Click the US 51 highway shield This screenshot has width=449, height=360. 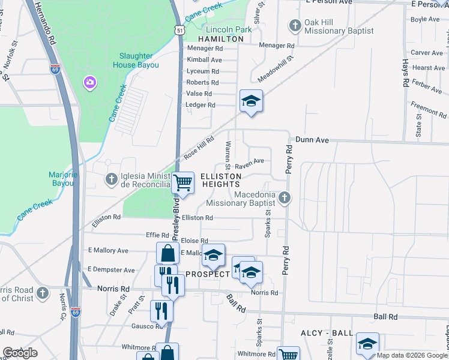[x=179, y=29]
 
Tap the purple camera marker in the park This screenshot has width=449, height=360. [x=90, y=82]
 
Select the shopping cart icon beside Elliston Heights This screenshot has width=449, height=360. [x=182, y=182]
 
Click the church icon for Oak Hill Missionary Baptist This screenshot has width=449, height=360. [x=295, y=25]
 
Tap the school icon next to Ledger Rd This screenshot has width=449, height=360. [x=251, y=100]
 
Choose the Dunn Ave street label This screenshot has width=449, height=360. [x=313, y=140]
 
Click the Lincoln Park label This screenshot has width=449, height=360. [x=229, y=29]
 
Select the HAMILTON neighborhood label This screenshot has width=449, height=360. [x=220, y=38]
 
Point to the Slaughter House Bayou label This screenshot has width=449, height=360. [x=134, y=61]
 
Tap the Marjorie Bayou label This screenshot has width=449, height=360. [x=64, y=178]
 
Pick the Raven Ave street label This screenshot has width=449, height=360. [x=249, y=161]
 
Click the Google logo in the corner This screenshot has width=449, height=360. [x=20, y=353]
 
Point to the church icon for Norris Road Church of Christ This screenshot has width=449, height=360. [x=42, y=293]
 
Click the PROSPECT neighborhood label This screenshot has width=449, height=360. [x=208, y=274]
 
